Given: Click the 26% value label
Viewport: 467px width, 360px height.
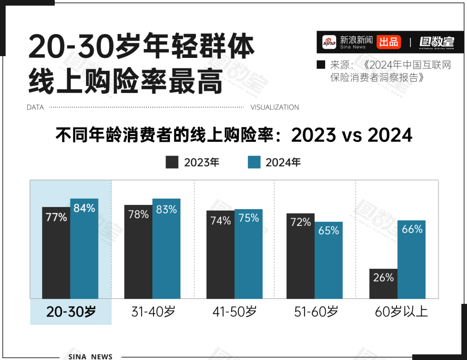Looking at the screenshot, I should [x=383, y=277].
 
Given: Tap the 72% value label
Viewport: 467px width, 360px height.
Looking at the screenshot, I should [x=301, y=222].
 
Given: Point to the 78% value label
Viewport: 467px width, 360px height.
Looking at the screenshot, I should [x=138, y=214].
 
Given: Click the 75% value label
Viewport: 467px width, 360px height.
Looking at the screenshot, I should [x=249, y=218].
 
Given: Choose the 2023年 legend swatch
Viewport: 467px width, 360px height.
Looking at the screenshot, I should [x=172, y=162].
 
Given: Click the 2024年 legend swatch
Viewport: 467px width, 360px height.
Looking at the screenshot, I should [x=254, y=162].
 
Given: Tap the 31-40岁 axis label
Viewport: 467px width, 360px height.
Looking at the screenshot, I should [x=153, y=312].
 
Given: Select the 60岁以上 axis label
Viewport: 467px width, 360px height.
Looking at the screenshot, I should [x=401, y=312].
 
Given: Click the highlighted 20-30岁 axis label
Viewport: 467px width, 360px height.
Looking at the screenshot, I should [x=71, y=312].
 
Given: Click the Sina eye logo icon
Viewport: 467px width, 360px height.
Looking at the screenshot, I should [x=329, y=42].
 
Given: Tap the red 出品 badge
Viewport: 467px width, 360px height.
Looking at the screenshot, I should [x=388, y=42].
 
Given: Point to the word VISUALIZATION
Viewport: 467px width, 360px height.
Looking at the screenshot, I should [x=275, y=107].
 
